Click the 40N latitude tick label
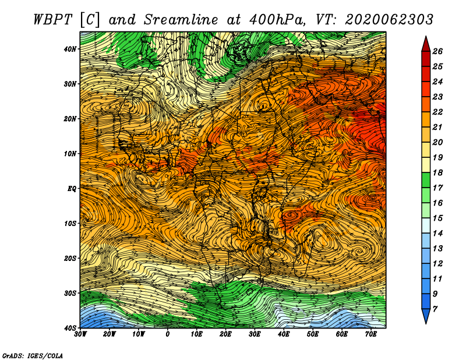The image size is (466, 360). (70, 49)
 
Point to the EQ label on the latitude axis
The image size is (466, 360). (72, 189)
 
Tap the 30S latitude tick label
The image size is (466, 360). (70, 293)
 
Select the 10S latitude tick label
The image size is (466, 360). (70, 223)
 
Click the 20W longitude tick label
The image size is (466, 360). (110, 334)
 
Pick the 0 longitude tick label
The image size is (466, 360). (168, 334)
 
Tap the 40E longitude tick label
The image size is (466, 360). (284, 334)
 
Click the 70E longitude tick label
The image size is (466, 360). (371, 334)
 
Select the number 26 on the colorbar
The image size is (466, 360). (437, 51)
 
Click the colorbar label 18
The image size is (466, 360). (437, 172)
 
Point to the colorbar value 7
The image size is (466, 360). (435, 309)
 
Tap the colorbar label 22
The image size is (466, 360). (437, 112)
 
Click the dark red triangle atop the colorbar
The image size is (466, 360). (426, 45)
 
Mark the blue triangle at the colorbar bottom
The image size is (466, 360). (426, 315)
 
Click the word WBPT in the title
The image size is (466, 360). (52, 20)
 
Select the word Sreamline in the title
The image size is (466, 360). (181, 20)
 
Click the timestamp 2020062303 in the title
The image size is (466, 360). (389, 20)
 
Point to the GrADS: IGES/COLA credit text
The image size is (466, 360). (33, 355)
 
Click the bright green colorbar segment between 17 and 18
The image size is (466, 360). (426, 180)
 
